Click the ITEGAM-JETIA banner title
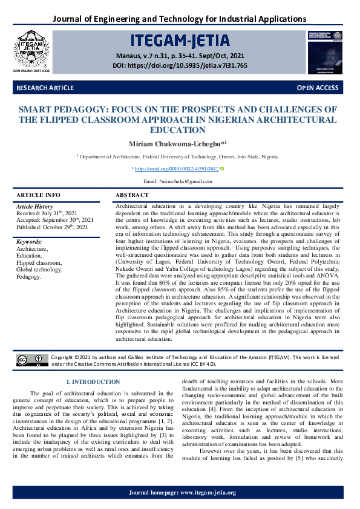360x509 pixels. click(180, 42)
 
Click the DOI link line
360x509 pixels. click(180, 65)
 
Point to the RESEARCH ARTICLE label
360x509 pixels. click(45, 88)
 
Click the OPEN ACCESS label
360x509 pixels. click(317, 88)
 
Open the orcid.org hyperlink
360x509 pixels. click(176, 169)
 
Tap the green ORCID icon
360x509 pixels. click(221, 169)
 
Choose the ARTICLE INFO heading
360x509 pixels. click(38, 195)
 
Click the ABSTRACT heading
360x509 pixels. click(132, 195)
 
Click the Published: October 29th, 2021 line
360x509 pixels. click(53, 227)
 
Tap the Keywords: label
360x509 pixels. click(33, 242)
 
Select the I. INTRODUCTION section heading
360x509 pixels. click(93, 382)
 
